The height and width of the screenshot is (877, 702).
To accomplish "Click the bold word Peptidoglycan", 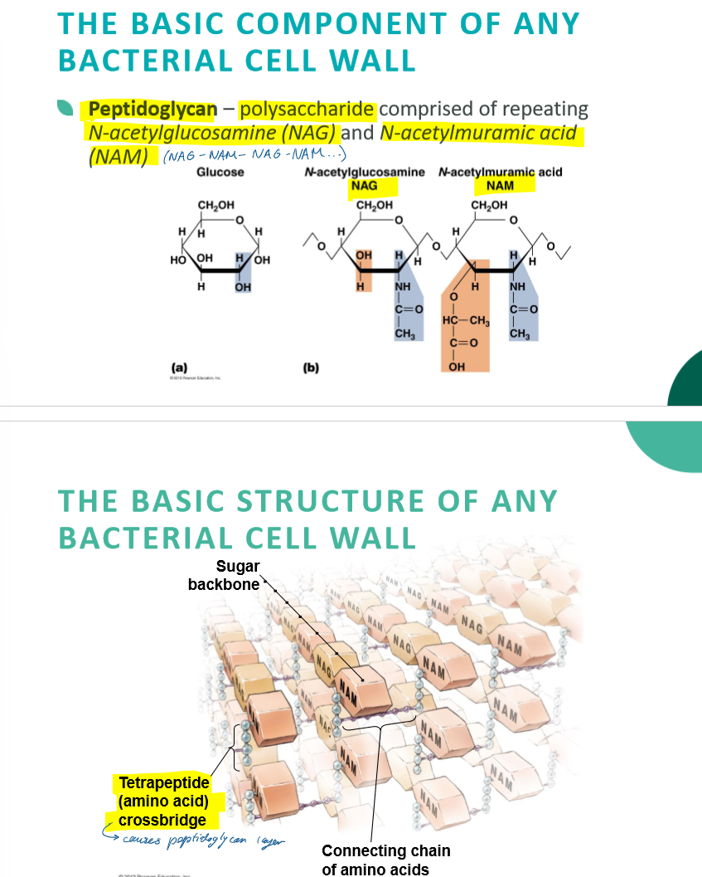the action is [153, 109].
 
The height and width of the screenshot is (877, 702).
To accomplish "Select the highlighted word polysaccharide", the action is [307, 109].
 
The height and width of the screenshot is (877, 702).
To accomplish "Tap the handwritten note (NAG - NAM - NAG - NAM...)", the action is [254, 156].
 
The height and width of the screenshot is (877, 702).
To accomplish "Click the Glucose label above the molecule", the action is [220, 172].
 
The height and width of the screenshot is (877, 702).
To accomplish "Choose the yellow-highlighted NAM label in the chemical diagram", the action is [499, 185].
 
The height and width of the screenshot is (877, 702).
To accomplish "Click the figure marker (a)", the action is [178, 365].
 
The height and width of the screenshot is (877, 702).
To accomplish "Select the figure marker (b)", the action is [312, 365].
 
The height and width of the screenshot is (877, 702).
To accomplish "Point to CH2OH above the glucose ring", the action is [215, 204].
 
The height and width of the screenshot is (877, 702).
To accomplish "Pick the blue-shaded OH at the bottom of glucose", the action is [243, 286].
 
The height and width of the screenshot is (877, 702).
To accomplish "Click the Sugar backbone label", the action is [225, 575].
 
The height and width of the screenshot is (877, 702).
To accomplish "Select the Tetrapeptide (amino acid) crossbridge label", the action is [163, 801].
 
